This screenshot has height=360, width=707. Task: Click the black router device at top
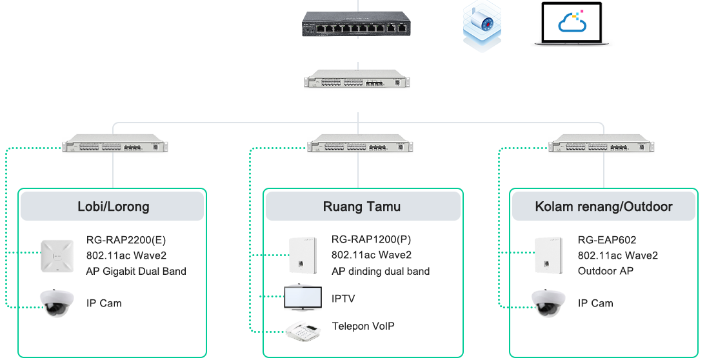click(x=355, y=24)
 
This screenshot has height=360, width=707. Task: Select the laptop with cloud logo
click(x=572, y=24)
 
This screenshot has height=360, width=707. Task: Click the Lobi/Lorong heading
click(x=113, y=207)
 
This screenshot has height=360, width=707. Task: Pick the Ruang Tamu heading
click(x=362, y=207)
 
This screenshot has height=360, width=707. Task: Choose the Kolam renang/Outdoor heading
click(x=604, y=207)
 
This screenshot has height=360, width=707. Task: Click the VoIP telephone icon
click(x=304, y=329)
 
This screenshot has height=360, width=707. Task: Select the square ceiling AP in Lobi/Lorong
click(x=59, y=256)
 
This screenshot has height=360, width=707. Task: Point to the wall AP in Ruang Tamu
click(x=302, y=255)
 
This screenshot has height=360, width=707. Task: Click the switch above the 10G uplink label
click(x=355, y=79)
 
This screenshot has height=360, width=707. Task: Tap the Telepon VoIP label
click(x=363, y=326)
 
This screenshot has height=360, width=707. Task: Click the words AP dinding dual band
click(x=381, y=271)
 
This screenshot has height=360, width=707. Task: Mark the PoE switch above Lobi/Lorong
click(x=115, y=145)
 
